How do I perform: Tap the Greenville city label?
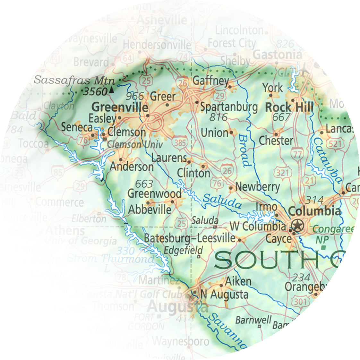click(x=120, y=107)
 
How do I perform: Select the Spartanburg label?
click(x=229, y=107)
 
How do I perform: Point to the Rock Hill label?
click(x=289, y=107)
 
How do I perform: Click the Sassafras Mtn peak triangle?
click(x=111, y=90)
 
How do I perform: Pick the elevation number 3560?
click(x=95, y=92)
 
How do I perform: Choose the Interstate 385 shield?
click(x=180, y=142)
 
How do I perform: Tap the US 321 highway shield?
click(x=282, y=173)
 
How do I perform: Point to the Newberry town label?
click(x=257, y=187)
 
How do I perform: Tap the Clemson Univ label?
click(x=135, y=144)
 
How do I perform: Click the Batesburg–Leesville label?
click(x=190, y=238)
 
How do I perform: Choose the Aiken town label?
click(x=238, y=281)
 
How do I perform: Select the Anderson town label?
click(x=132, y=167)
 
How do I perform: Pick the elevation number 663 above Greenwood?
click(x=144, y=184)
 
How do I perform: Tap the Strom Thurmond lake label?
click(x=111, y=258)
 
